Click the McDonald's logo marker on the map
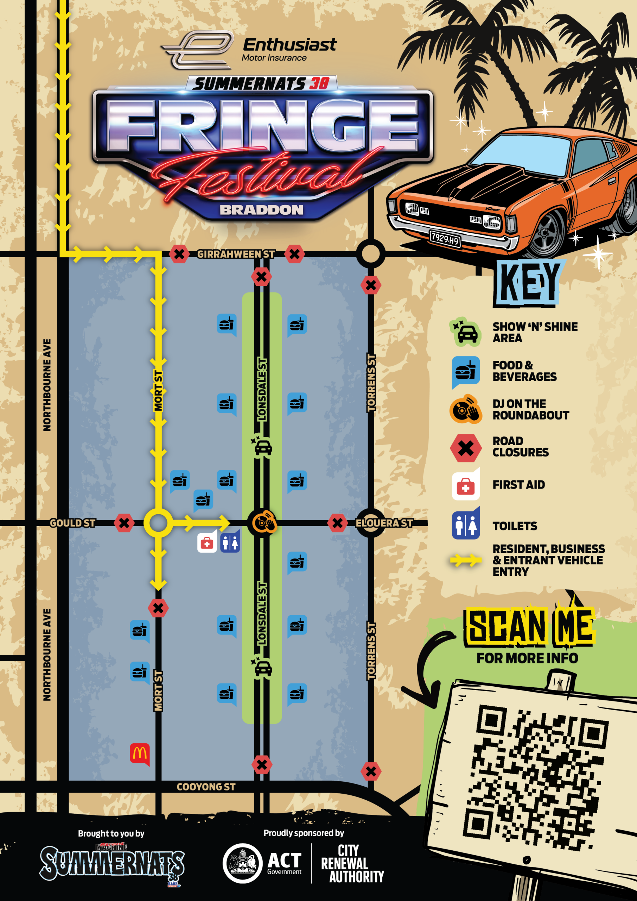[x=140, y=753]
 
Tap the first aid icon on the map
[x=207, y=543]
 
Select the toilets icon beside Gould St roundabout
[x=230, y=543]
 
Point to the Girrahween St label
[x=235, y=254]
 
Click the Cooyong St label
[x=206, y=787]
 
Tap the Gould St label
[x=72, y=523]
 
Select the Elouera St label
[x=384, y=523]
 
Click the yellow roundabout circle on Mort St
[x=158, y=523]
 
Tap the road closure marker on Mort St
[x=158, y=608]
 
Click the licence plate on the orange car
[x=445, y=238]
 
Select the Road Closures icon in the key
[x=466, y=448]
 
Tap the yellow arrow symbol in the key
[x=466, y=560]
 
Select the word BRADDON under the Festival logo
[x=262, y=210]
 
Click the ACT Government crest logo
[x=242, y=863]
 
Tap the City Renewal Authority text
[x=352, y=864]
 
